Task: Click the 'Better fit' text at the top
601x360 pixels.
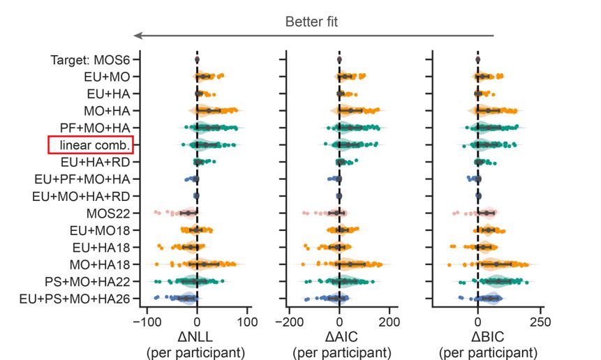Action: coord(311,22)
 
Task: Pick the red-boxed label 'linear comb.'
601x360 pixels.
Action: coord(91,144)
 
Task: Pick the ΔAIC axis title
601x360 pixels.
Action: coord(339,337)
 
